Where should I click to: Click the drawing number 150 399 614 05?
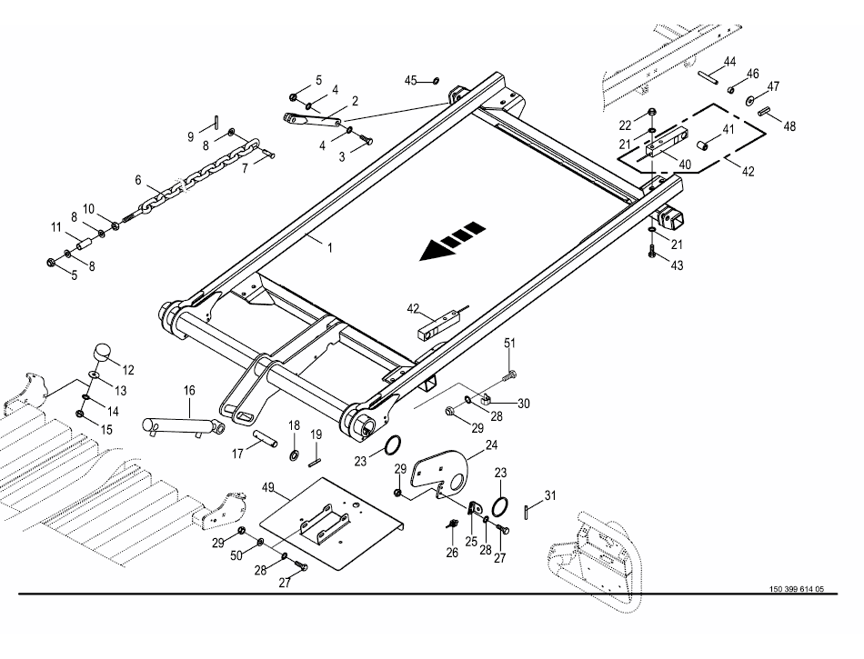click(796, 589)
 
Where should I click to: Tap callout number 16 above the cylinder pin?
click(189, 391)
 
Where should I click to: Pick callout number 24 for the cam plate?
click(491, 445)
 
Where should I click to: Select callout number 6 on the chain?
click(138, 180)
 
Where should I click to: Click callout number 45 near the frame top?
click(410, 81)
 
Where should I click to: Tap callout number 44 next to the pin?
click(729, 62)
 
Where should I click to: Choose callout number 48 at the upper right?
click(789, 127)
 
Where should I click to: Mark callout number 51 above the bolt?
click(509, 343)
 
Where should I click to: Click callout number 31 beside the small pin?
click(549, 495)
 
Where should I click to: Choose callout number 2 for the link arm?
click(354, 100)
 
